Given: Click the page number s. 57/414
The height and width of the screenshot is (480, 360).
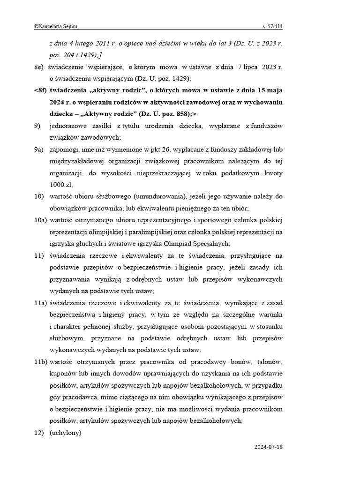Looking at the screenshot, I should [x=272, y=27].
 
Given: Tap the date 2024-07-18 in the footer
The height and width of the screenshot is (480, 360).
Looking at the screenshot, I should [x=268, y=447].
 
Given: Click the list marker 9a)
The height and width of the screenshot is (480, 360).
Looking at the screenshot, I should [x=39, y=150].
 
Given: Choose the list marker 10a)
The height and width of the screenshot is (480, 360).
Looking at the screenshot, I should [x=40, y=220].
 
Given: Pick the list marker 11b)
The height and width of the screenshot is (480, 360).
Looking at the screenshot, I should [x=41, y=362].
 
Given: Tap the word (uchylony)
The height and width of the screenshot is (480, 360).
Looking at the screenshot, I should [x=65, y=433].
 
